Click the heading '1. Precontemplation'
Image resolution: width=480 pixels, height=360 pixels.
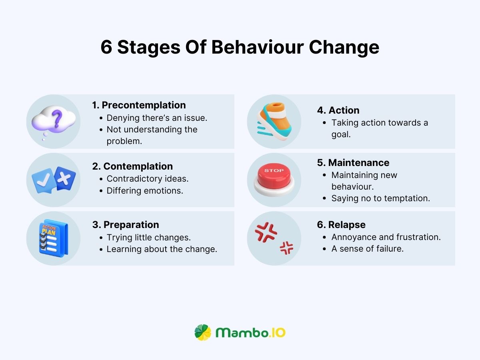(x=139, y=105)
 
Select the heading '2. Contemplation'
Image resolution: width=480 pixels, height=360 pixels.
(x=133, y=166)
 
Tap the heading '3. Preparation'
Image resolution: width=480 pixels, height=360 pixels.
(x=126, y=225)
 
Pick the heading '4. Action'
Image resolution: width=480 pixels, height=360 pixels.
(x=338, y=110)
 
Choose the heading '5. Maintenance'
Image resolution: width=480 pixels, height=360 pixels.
(x=353, y=163)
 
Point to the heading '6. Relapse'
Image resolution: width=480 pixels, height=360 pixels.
(x=341, y=225)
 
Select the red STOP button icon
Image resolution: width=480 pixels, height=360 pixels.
(x=274, y=179)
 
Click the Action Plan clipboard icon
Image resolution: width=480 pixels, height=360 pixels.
(x=54, y=238)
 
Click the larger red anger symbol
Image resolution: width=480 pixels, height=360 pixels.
(x=266, y=232)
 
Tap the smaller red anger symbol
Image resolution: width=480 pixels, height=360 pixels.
(x=286, y=248)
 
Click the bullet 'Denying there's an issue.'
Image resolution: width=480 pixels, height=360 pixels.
(x=157, y=118)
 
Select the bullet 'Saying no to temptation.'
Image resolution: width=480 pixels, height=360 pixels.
(x=380, y=198)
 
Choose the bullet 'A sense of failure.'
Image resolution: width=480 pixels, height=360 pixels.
(x=367, y=249)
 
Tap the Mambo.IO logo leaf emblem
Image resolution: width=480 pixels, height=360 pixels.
(x=203, y=332)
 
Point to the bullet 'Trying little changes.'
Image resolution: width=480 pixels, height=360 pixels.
(x=148, y=237)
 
